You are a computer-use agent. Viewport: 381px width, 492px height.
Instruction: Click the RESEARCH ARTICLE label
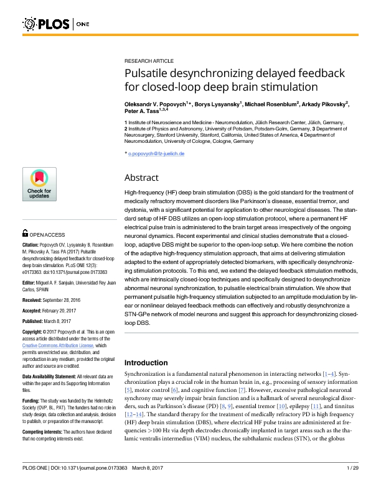[x=149, y=61]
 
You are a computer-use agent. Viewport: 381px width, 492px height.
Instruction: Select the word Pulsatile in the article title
[x=149, y=74]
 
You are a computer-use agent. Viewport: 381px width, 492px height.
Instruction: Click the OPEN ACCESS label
[x=47, y=235]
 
